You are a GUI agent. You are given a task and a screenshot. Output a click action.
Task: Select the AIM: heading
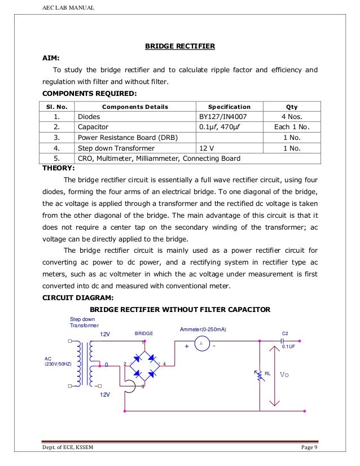52,58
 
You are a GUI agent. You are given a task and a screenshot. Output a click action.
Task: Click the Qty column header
292,106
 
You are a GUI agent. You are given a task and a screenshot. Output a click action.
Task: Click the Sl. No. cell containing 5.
56,159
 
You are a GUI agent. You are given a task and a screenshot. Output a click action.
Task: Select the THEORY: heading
59,168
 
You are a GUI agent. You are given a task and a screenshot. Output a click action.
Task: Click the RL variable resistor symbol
259,375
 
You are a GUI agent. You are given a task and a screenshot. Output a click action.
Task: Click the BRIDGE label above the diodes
143,334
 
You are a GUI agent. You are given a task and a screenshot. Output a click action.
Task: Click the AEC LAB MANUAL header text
67,7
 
